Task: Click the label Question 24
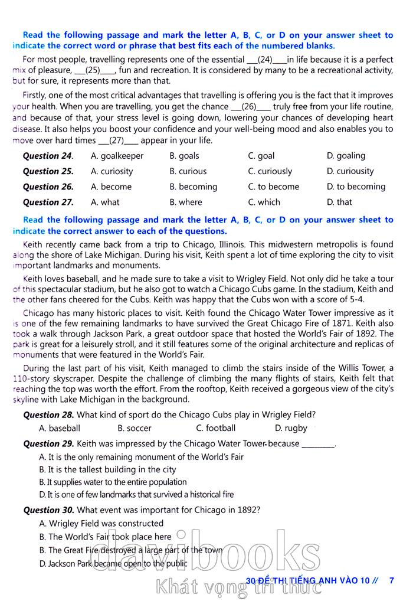coord(48,156)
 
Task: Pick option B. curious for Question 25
coord(188,171)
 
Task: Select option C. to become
coord(273,187)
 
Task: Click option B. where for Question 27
coord(185,202)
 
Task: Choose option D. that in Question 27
coord(339,202)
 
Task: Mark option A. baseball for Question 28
coord(59,428)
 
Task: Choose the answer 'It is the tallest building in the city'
coord(107,469)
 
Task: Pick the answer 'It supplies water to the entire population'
coord(112,482)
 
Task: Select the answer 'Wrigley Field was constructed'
coord(101,523)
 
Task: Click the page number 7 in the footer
coord(391,580)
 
